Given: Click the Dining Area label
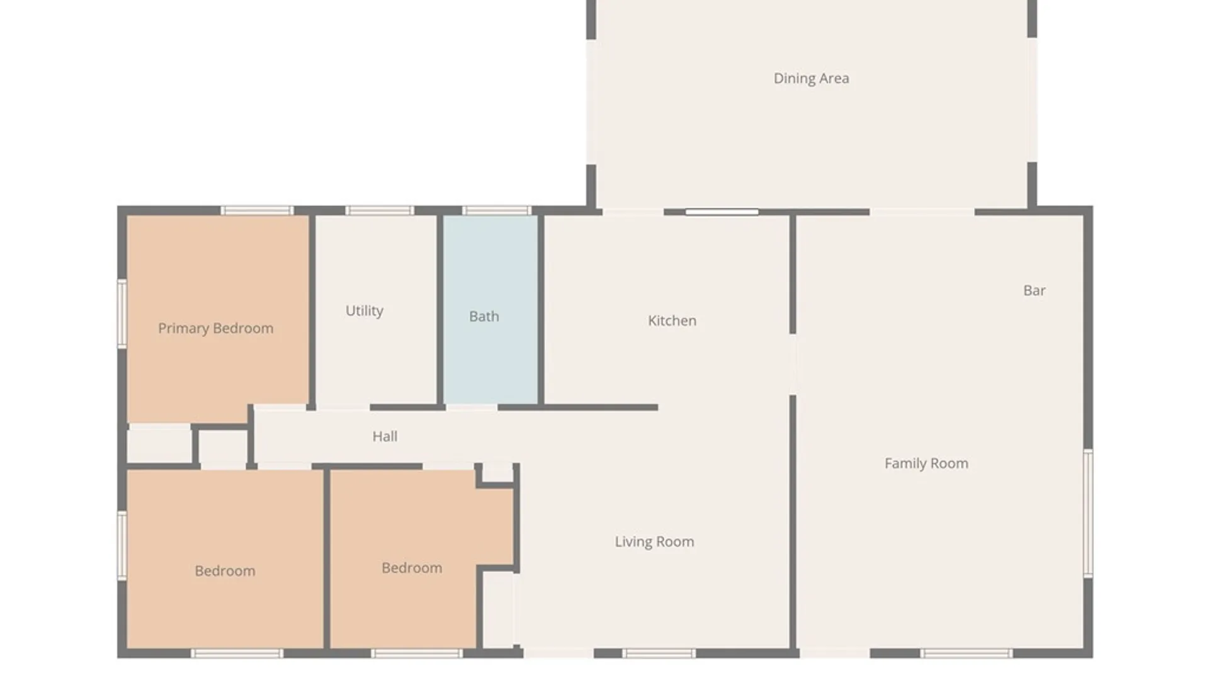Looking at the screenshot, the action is tap(811, 78).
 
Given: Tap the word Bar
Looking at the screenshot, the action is tap(1034, 290).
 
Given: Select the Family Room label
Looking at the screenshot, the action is tap(926, 463).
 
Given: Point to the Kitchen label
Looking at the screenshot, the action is tap(672, 320).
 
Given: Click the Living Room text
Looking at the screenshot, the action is tap(654, 541).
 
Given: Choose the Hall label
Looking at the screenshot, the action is tap(385, 436).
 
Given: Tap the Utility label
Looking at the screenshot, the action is tap(364, 310).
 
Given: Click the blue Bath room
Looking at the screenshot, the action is tap(491, 309).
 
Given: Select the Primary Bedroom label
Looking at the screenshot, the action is tap(215, 328).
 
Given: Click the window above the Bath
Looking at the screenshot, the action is tap(496, 210).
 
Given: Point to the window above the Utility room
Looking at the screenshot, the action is tap(380, 210).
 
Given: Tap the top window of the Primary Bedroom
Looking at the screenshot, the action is tap(256, 210).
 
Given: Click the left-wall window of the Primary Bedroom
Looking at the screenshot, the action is tap(122, 313).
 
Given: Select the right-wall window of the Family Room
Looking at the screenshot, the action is tap(1087, 513).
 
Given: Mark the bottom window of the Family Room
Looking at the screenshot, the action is tap(966, 654).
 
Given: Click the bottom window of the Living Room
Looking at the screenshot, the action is tap(659, 654).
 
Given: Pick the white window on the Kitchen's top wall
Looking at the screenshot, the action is tap(722, 212).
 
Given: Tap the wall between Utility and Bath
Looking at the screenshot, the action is tap(440, 310).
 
